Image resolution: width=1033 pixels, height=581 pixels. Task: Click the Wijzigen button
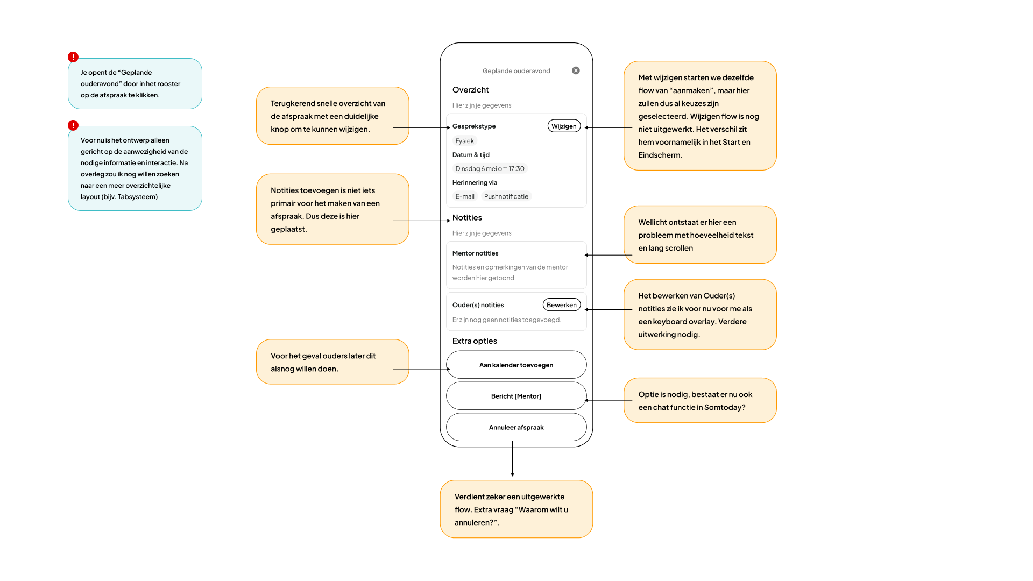click(564, 126)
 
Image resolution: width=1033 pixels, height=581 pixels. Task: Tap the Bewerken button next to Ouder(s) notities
click(562, 304)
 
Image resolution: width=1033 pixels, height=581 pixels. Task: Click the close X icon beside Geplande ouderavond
click(576, 70)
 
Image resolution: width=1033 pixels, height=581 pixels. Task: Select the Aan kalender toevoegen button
click(516, 365)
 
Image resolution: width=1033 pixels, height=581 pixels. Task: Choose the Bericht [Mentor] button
click(516, 396)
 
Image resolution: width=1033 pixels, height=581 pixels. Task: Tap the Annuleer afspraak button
click(516, 427)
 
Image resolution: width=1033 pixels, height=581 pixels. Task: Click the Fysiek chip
click(465, 141)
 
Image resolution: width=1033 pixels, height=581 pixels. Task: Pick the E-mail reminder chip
click(465, 196)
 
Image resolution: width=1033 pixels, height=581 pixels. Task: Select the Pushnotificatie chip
click(506, 196)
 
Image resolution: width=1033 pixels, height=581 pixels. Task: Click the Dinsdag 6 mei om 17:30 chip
click(490, 168)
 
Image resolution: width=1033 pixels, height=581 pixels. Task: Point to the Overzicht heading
click(471, 90)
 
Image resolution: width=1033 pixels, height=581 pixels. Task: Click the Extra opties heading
click(475, 341)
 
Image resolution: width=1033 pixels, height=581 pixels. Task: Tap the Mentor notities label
click(476, 253)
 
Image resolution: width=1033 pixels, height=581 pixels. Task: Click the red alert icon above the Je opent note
click(73, 57)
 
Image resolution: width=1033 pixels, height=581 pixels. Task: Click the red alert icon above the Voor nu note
click(73, 125)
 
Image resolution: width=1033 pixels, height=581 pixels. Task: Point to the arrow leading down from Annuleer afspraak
click(512, 459)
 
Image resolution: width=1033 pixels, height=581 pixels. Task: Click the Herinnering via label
click(475, 182)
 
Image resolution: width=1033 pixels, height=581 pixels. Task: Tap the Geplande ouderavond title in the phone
click(516, 71)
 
